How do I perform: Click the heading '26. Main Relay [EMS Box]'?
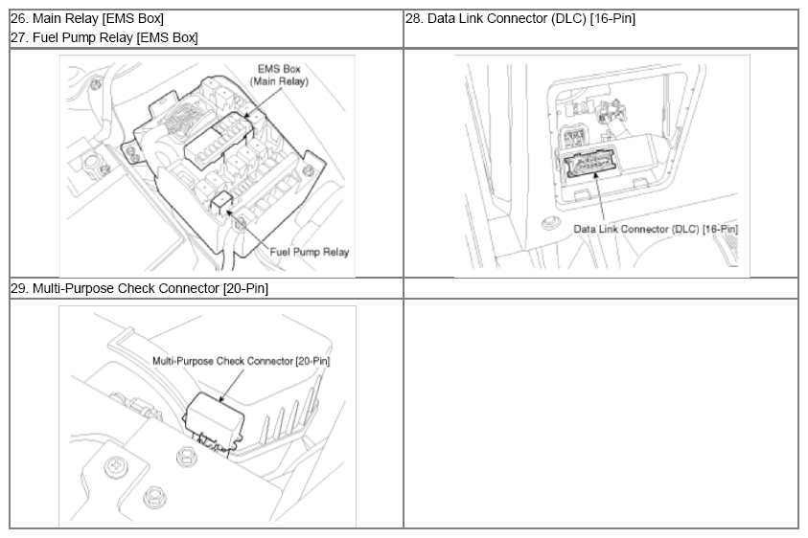point(87,19)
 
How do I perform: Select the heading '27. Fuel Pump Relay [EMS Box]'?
point(104,37)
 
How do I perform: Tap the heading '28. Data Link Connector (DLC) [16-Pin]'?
point(520,19)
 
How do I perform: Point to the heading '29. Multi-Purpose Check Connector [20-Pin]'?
point(140,288)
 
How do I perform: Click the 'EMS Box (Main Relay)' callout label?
point(279,76)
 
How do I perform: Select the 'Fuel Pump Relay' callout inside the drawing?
point(310,252)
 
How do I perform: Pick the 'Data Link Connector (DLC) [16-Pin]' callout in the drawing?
point(656,229)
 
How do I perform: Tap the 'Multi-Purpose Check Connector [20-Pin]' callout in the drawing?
point(242,361)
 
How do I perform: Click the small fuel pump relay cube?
point(220,201)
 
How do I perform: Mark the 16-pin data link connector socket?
point(591,162)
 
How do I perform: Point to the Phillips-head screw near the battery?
point(114,467)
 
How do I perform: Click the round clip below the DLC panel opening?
point(551,223)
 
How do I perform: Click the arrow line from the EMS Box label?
point(263,103)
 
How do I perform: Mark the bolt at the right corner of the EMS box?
point(309,171)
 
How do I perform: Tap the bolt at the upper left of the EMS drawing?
point(94,83)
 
